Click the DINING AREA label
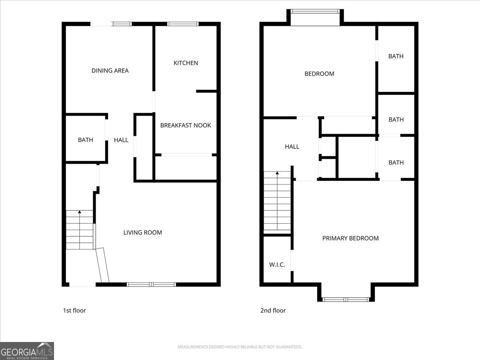click(x=110, y=71)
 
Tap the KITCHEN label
click(x=186, y=63)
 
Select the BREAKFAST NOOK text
click(x=186, y=125)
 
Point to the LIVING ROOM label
click(x=142, y=232)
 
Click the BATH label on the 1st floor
click(x=85, y=140)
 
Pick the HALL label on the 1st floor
click(x=121, y=140)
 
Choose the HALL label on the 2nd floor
click(x=292, y=147)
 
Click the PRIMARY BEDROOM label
click(x=350, y=238)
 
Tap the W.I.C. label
click(x=277, y=264)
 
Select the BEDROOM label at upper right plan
click(x=319, y=74)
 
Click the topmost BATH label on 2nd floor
click(x=396, y=56)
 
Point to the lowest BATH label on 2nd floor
click(x=396, y=162)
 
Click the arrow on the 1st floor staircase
click(x=80, y=212)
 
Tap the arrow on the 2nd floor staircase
click(x=277, y=173)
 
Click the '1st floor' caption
click(x=74, y=310)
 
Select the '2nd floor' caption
click(x=273, y=310)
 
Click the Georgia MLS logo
click(x=27, y=351)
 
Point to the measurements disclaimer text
click(x=240, y=347)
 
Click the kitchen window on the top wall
click(x=183, y=24)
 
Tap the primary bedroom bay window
click(x=346, y=299)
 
